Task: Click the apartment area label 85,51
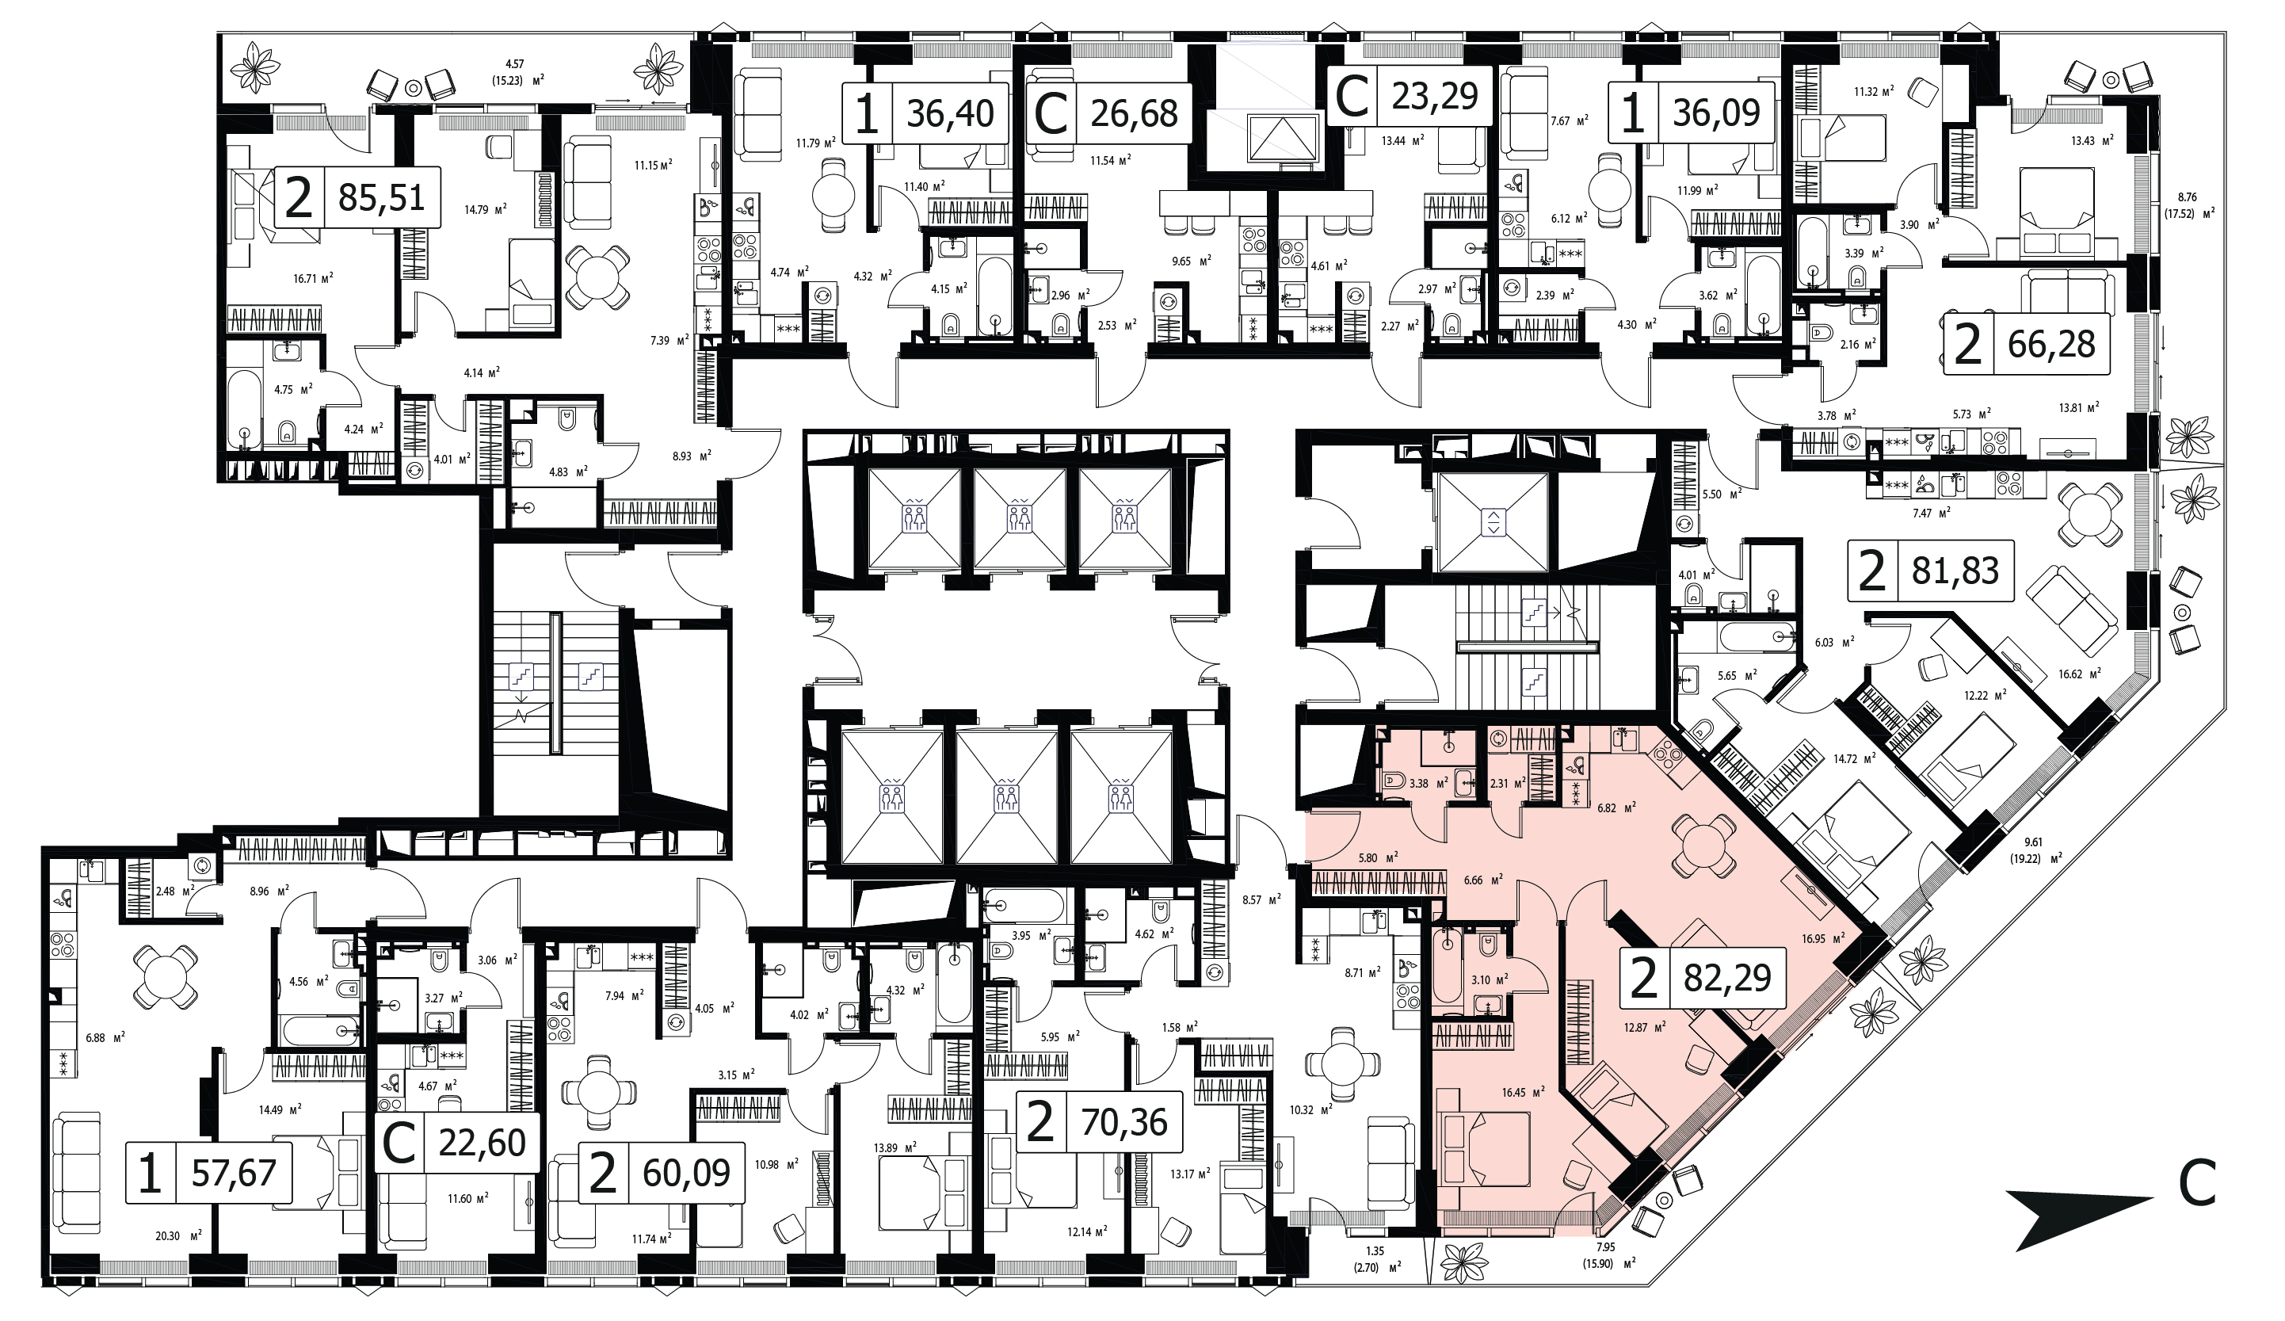coord(382,197)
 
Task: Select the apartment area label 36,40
coord(950,113)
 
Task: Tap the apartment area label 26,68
coord(1135,113)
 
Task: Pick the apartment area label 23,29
coord(1436,95)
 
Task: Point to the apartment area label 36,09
coord(1716,113)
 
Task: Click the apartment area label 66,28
coord(2052,345)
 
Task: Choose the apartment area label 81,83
coord(1956,572)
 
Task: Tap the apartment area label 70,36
coord(1124,1122)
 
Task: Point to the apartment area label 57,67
coord(234,1174)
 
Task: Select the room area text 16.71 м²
coord(312,278)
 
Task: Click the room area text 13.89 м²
coord(895,1147)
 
